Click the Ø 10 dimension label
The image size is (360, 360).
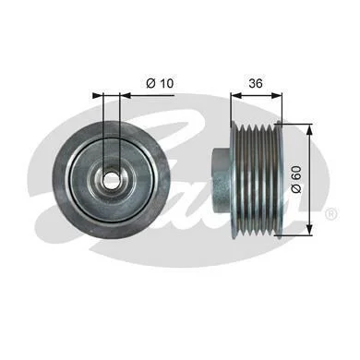coord(160,83)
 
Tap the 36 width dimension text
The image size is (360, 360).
coord(256,83)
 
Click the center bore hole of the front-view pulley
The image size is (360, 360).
coord(112,179)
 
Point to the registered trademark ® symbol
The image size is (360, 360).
coord(331,213)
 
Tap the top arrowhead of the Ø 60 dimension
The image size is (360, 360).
coord(309,128)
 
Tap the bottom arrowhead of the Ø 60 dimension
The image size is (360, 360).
coord(309,230)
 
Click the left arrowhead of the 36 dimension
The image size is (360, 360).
coord(235,95)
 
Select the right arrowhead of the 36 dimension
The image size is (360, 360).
coord(277,95)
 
